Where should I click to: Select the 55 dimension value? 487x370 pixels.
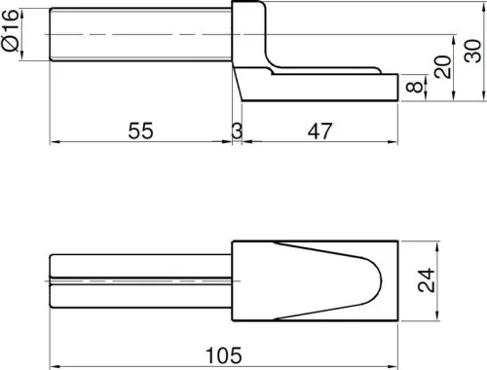[x=141, y=129]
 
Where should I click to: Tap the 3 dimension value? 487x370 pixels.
[x=237, y=129]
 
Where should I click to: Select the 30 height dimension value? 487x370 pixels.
[x=471, y=51]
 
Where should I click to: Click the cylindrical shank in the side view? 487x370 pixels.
[x=141, y=36]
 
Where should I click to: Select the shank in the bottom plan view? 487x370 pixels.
[x=141, y=281]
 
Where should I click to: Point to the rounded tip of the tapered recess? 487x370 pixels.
[x=378, y=281]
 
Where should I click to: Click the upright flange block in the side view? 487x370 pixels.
[x=247, y=34]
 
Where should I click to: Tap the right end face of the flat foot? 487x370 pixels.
[x=399, y=88]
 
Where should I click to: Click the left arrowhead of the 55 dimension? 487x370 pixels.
[x=55, y=142]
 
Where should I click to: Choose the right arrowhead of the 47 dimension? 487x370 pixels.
[x=393, y=142]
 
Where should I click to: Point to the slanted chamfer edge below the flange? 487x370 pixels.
[x=239, y=83]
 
